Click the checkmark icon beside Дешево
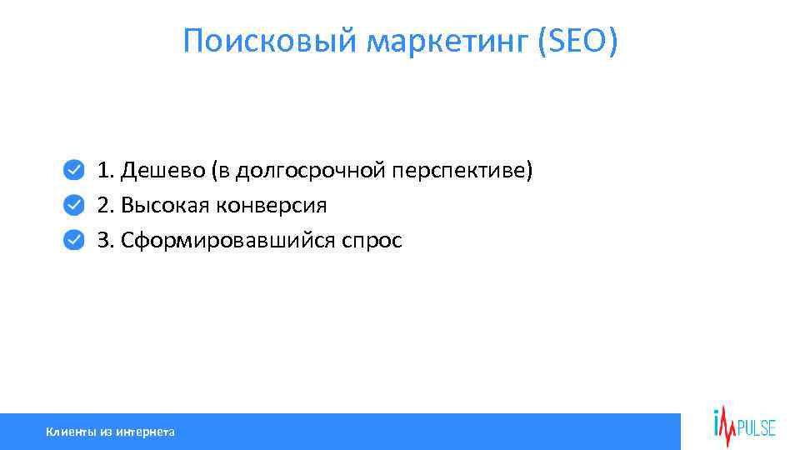[x=74, y=170]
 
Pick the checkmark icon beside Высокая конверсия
[x=74, y=205]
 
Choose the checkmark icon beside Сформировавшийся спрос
[x=74, y=240]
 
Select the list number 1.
[x=103, y=171]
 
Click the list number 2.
[x=103, y=206]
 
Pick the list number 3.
[x=103, y=241]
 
